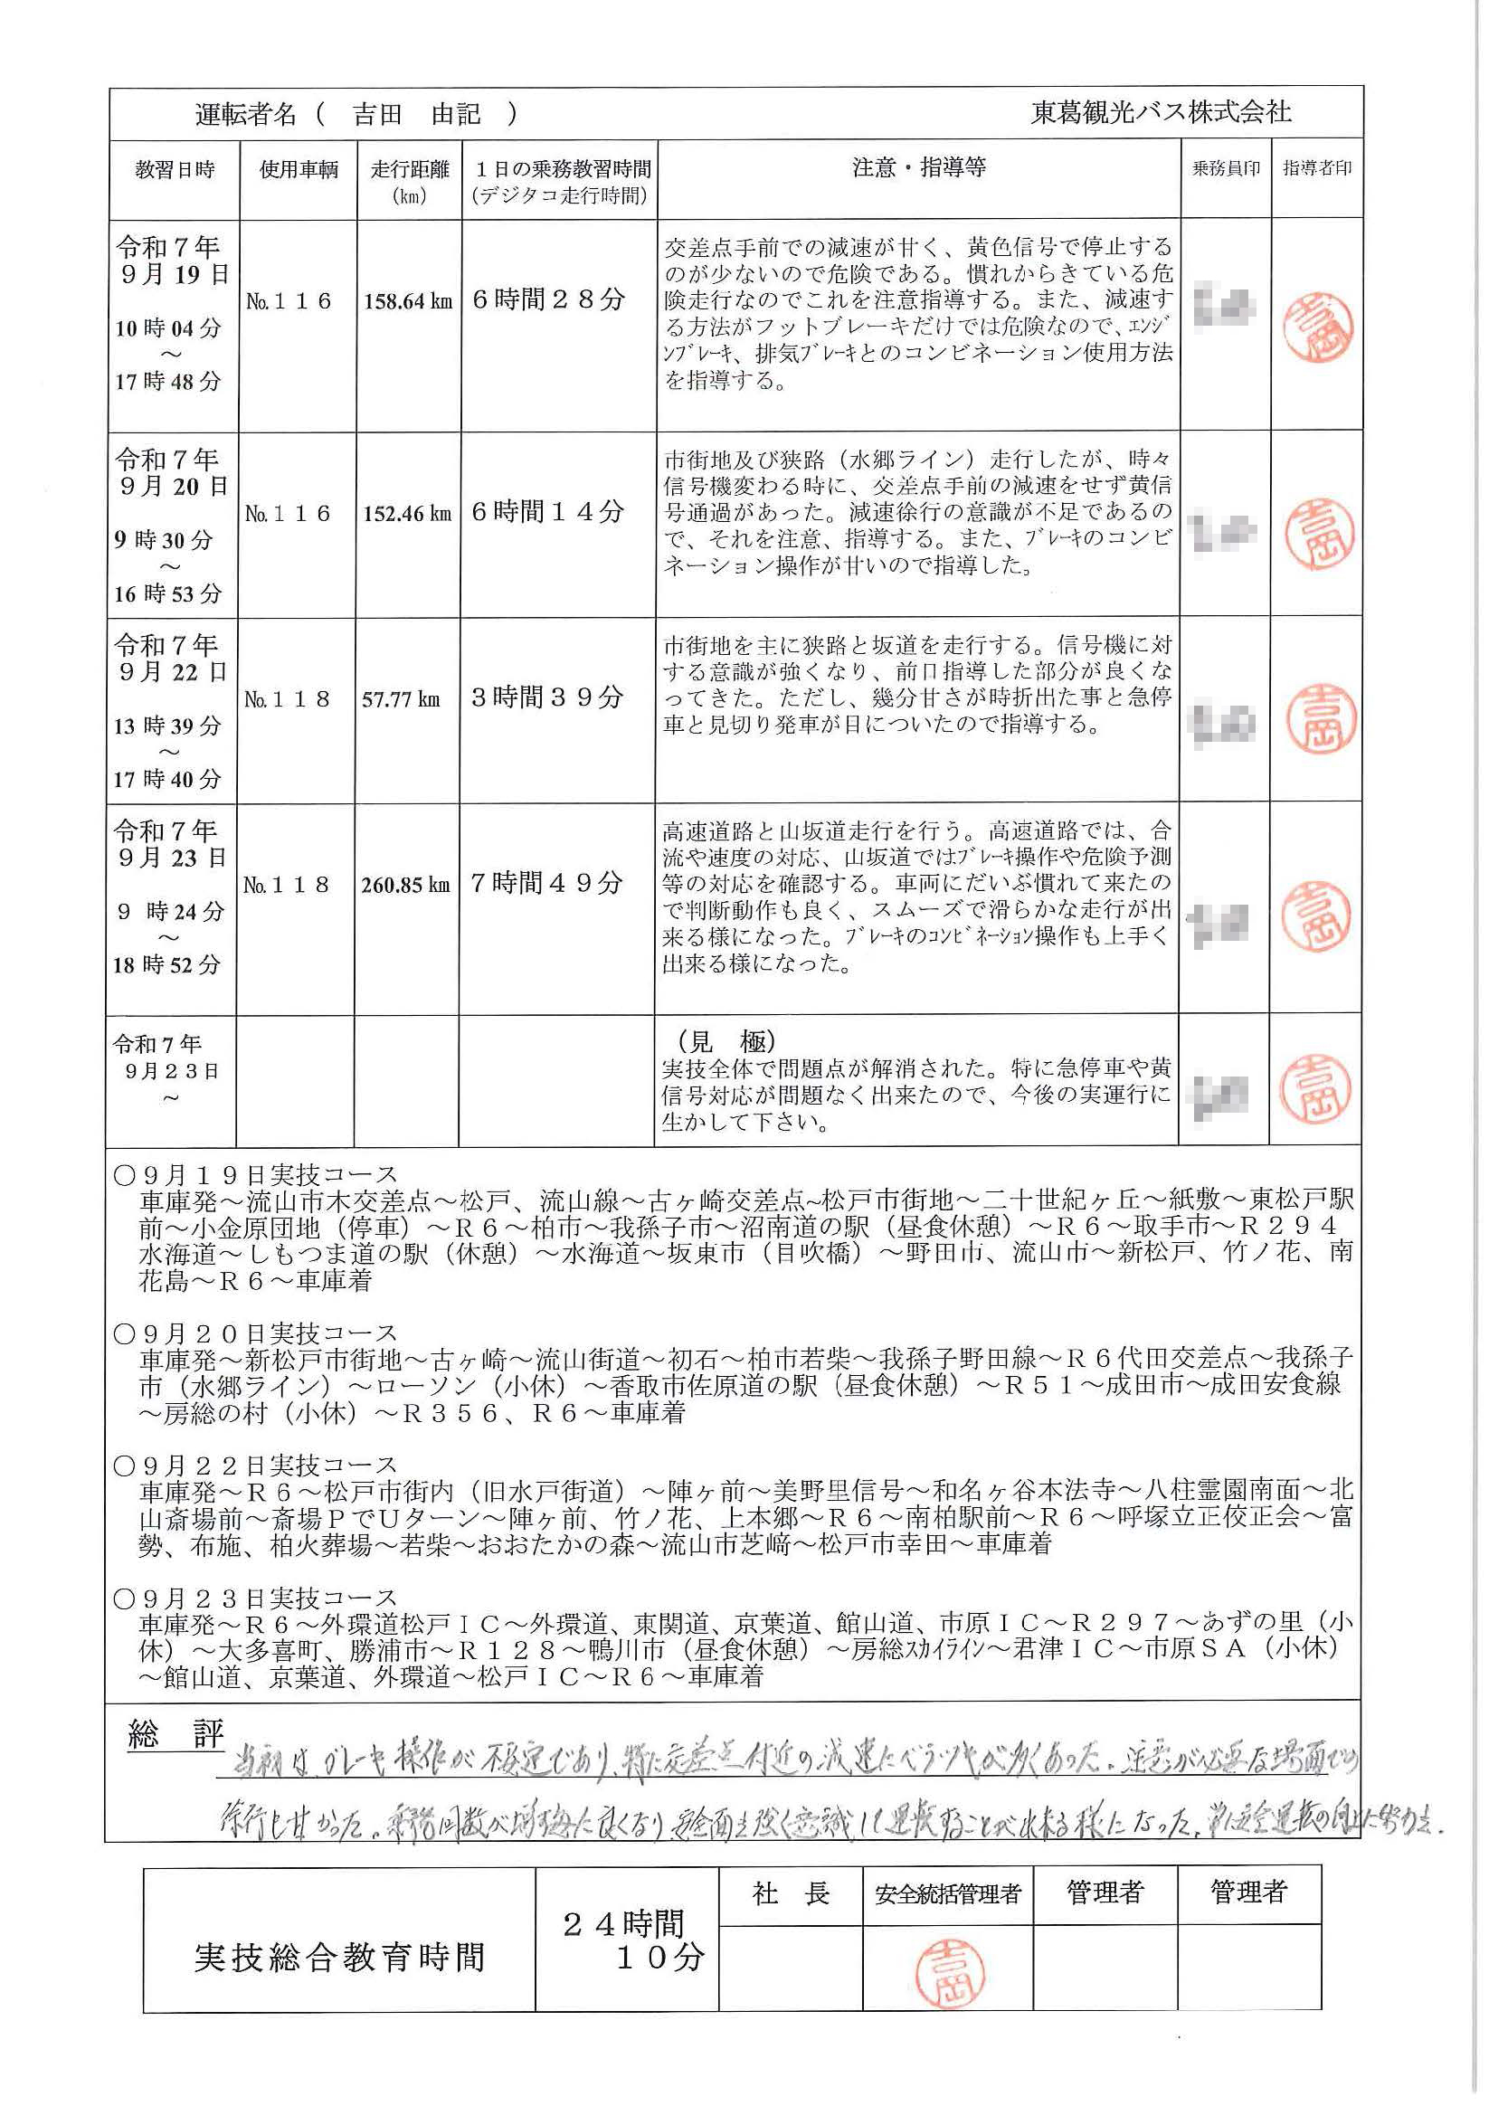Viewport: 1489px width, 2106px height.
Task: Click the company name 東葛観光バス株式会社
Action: (x=1161, y=113)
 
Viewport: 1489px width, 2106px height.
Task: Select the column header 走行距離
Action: (x=410, y=170)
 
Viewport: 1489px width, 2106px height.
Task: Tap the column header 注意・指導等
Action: (x=918, y=168)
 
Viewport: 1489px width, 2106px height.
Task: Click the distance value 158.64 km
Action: (x=408, y=301)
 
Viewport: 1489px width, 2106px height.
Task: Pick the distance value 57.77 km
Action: (x=401, y=699)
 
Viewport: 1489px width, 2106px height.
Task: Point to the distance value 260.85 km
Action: (x=405, y=885)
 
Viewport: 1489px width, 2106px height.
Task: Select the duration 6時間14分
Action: (x=547, y=512)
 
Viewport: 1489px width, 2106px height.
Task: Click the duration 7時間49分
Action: (x=547, y=883)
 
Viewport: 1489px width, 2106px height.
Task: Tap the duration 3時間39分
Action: (x=547, y=697)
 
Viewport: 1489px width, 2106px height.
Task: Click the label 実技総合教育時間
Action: (x=338, y=1959)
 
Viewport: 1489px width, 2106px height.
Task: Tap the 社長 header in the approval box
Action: (x=791, y=1893)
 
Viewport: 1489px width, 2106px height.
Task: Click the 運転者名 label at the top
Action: (x=245, y=114)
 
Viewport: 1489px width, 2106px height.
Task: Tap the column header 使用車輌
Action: (x=299, y=170)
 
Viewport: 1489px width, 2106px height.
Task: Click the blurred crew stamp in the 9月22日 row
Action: (x=1226, y=725)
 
